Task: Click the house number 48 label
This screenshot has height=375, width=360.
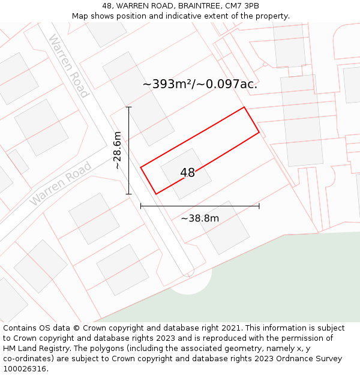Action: point(187,173)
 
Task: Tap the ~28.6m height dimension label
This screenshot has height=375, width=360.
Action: point(118,150)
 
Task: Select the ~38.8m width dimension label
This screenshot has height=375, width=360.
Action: point(200,218)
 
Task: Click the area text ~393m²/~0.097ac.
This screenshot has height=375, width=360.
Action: point(200,84)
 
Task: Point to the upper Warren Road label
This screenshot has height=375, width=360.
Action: point(68,66)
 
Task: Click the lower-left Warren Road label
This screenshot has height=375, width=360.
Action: point(61,183)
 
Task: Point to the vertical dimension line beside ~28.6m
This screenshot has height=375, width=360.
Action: point(128,150)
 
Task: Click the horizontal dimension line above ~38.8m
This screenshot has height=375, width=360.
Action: point(200,206)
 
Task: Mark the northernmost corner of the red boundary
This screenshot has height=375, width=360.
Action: point(244,107)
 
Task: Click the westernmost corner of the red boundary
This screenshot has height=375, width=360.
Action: point(141,167)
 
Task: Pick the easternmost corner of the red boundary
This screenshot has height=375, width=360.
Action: point(259,132)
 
